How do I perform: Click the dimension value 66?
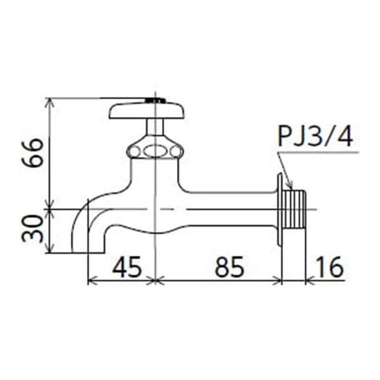35,152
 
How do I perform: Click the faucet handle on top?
147,111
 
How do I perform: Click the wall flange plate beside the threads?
280,209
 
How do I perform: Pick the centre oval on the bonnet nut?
155,152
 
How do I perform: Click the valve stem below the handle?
155,127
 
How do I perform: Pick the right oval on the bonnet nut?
177,152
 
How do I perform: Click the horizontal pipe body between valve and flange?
228,209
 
